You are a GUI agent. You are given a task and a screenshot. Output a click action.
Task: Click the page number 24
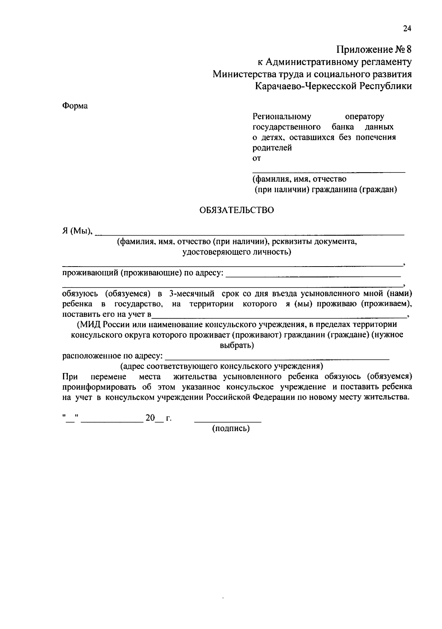pyautogui.click(x=407, y=29)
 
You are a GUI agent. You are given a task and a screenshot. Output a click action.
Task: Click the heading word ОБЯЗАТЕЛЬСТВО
pyautogui.click(x=236, y=210)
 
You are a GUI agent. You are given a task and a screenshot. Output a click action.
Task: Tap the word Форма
pyautogui.click(x=75, y=106)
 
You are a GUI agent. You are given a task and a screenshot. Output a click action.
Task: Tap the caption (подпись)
pyautogui.click(x=231, y=428)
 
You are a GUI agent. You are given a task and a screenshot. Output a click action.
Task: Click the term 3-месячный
pyautogui.click(x=192, y=294)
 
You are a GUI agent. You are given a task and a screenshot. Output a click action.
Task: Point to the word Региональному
pyautogui.click(x=282, y=117)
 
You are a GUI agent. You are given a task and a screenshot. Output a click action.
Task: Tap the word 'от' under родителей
pyautogui.click(x=256, y=159)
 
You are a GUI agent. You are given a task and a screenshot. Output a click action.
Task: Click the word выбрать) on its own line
pyautogui.click(x=236, y=345)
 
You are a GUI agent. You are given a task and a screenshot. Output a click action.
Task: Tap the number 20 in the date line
pyautogui.click(x=150, y=418)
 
